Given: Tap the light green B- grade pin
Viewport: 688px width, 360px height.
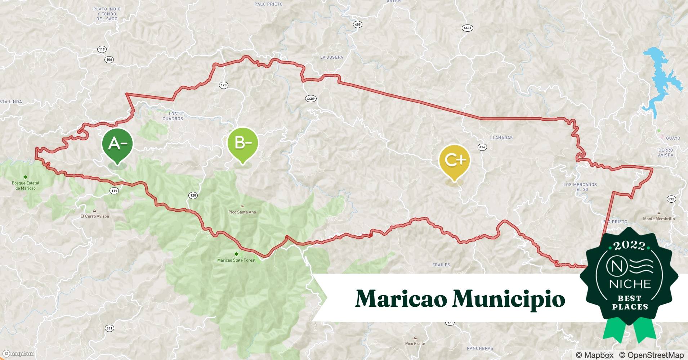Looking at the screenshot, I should tap(243, 143).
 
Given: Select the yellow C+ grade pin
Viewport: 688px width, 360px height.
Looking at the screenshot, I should tap(454, 160).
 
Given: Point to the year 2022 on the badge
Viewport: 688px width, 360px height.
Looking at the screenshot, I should tap(630, 246).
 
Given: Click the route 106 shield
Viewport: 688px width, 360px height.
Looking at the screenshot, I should tap(109, 59).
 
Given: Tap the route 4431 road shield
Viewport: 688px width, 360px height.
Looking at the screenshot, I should tap(467, 28).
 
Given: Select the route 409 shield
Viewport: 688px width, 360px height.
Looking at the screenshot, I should tap(357, 24).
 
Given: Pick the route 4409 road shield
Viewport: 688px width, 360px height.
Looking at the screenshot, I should tap(311, 99).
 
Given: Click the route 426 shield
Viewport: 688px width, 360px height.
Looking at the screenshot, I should tap(482, 147).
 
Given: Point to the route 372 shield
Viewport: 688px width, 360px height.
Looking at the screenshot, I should tap(671, 199).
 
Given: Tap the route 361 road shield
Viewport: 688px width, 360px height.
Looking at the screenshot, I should tap(110, 328).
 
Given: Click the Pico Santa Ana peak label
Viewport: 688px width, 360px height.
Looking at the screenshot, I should tap(242, 212).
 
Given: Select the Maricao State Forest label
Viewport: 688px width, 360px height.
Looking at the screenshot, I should tap(236, 260).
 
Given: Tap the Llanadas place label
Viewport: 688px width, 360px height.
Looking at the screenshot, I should tap(501, 138).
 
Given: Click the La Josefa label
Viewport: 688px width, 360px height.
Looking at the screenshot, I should tap(331, 57).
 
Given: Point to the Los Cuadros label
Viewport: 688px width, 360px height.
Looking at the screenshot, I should tap(173, 116).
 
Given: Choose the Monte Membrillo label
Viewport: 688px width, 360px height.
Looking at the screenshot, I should tap(659, 219).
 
